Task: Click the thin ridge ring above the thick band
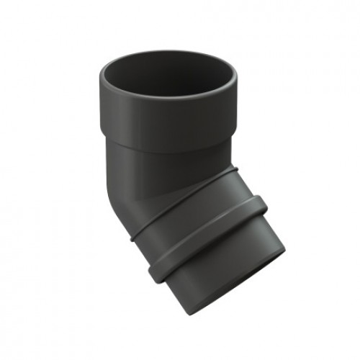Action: point(180,209)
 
